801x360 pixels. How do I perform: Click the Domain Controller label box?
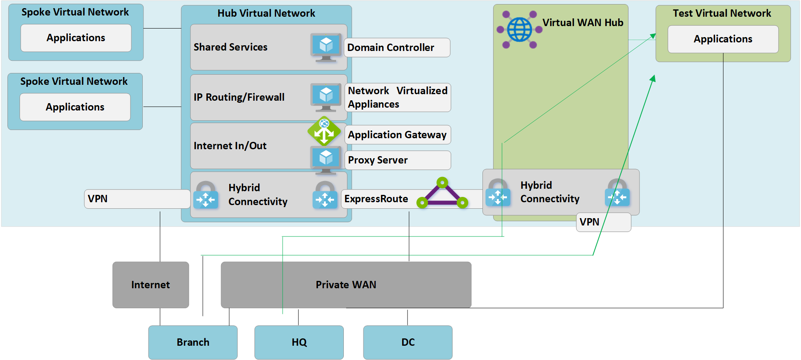coord(397,48)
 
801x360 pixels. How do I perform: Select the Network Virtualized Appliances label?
coord(398,97)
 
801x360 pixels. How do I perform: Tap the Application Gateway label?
coord(398,135)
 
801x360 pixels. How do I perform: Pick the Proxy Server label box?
coord(398,160)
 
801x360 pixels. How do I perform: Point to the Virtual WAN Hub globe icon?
coord(519,30)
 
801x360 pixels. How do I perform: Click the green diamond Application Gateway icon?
coord(324,131)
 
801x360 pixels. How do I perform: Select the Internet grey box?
coord(150,285)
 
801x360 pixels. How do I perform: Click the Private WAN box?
coord(346,285)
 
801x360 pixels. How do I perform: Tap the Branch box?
coord(193,342)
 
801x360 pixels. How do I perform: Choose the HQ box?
coord(299,342)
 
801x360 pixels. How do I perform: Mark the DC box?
coord(408,342)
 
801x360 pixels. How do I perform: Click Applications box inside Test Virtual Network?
coord(723,39)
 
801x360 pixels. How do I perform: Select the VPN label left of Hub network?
coord(137,199)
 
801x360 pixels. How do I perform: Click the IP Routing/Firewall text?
coord(239,97)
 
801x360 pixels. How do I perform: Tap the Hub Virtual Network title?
coord(266,13)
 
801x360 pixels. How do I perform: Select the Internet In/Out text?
coord(230,146)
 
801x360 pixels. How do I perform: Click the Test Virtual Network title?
coord(722,13)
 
